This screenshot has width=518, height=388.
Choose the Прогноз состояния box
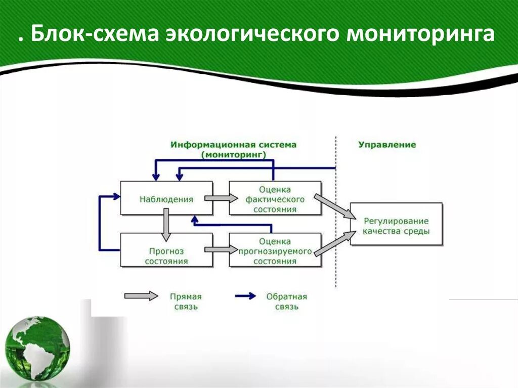pyautogui.click(x=166, y=256)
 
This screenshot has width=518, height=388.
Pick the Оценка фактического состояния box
pyautogui.click(x=275, y=199)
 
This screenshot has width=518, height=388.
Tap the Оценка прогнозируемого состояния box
pyautogui.click(x=275, y=251)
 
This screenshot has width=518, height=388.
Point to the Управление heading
pyautogui.click(x=387, y=145)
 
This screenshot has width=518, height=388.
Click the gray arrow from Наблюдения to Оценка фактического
pyautogui.click(x=221, y=198)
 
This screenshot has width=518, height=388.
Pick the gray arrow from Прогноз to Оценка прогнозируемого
pyautogui.click(x=221, y=249)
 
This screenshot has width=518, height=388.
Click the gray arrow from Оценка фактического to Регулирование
pyautogui.click(x=335, y=206)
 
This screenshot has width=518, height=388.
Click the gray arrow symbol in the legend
pyautogui.click(x=141, y=296)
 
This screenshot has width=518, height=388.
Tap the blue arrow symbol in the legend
pyautogui.click(x=245, y=296)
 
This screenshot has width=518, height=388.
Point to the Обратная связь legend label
pyautogui.click(x=287, y=301)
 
